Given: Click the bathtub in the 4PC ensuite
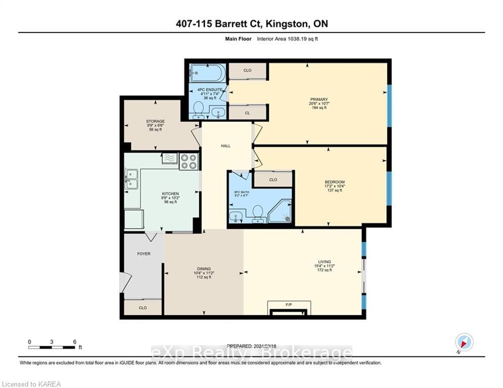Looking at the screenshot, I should tap(208, 73).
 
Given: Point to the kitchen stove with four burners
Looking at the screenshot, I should tap(189, 161).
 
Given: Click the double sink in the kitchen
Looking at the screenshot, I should tap(131, 179).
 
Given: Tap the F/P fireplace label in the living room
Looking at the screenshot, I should tap(289, 305).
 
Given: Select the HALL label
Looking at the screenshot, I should tap(225, 146).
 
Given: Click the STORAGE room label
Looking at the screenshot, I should tap(155, 121).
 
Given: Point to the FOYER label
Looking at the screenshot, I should tap(144, 254).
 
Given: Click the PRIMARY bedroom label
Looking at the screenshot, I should tap(319, 100).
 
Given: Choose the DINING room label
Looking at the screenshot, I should tap(204, 269).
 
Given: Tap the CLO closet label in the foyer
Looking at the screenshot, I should tap(143, 307).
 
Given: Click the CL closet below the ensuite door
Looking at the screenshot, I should tap(248, 113).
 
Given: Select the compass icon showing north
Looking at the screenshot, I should tap(464, 342).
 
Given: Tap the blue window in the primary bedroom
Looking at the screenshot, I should tap(389, 105).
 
